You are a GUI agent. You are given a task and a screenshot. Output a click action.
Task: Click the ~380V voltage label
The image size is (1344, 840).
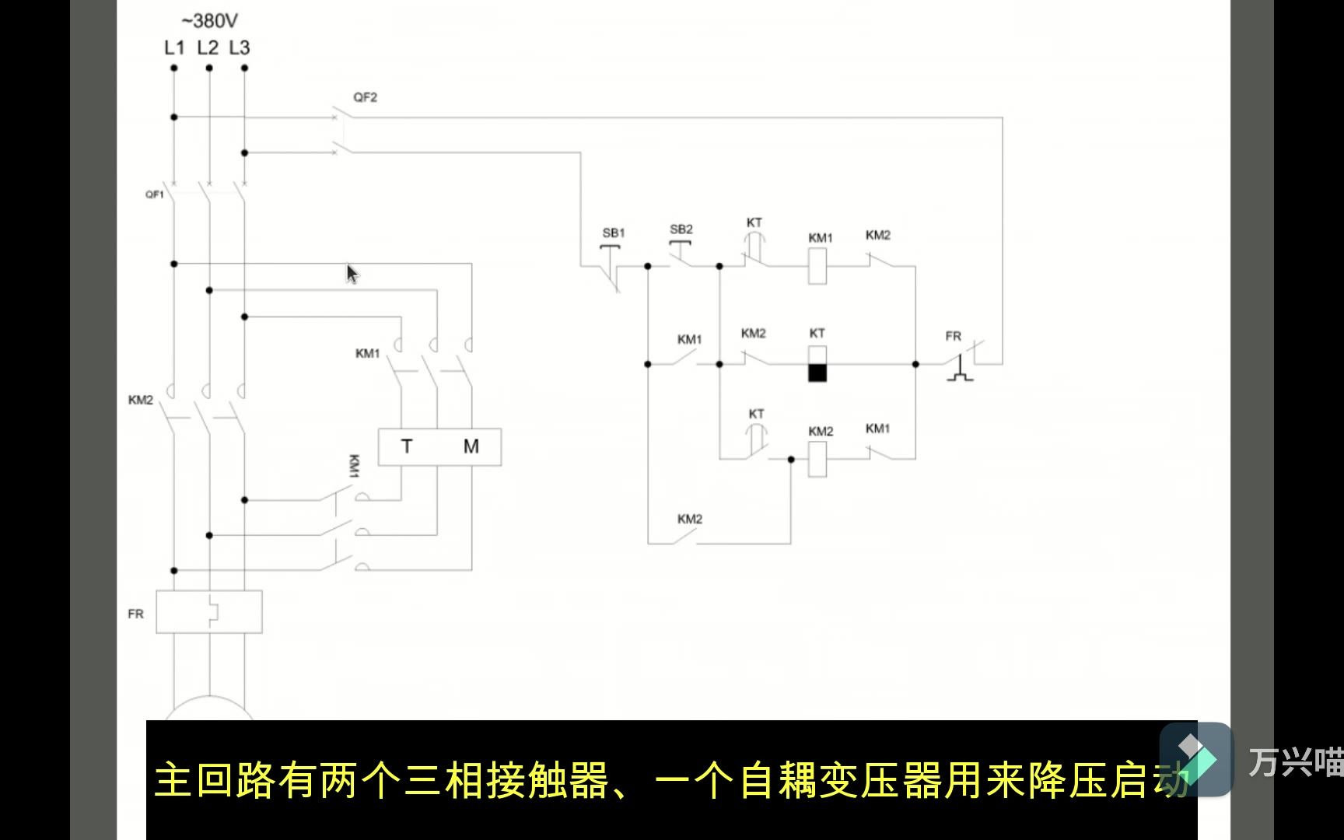pyautogui.click(x=209, y=20)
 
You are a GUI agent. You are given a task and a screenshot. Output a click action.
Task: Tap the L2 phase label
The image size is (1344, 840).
pyautogui.click(x=208, y=47)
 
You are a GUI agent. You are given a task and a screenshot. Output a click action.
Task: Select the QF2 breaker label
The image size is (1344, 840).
pyautogui.click(x=365, y=97)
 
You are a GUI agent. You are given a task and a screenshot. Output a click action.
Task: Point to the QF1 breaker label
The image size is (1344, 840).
pyautogui.click(x=155, y=194)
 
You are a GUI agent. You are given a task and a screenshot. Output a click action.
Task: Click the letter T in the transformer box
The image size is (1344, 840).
pyautogui.click(x=407, y=446)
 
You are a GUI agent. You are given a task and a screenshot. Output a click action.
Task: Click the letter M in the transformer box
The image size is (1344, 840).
pyautogui.click(x=471, y=446)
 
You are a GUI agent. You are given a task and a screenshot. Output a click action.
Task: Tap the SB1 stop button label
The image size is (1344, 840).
pyautogui.click(x=614, y=233)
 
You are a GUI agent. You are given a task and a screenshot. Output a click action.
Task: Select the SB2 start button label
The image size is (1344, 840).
pyautogui.click(x=681, y=229)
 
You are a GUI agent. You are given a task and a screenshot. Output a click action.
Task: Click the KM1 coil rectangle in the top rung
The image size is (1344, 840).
pyautogui.click(x=817, y=267)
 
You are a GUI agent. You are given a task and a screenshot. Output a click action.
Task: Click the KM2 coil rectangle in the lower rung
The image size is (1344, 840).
pyautogui.click(x=817, y=459)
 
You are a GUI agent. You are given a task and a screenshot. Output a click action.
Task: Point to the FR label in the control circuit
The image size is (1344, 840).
pyautogui.click(x=953, y=336)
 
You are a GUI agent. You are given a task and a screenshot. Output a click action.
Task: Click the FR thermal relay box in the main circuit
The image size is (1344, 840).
pyautogui.click(x=209, y=612)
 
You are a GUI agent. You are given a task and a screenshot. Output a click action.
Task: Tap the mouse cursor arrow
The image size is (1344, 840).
pyautogui.click(x=352, y=274)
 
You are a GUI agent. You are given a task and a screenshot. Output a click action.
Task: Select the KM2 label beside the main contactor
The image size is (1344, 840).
pyautogui.click(x=141, y=400)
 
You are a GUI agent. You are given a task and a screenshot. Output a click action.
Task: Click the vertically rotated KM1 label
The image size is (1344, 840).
pyautogui.click(x=354, y=466)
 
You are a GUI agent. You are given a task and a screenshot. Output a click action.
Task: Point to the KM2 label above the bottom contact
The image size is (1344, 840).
pyautogui.click(x=689, y=519)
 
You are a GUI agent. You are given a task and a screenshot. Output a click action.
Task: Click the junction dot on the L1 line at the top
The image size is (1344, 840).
pyautogui.click(x=174, y=68)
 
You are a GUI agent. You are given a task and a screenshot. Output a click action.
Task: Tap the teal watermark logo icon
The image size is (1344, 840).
pyautogui.click(x=1195, y=758)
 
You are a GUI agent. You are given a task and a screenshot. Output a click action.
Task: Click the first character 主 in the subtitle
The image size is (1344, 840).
pyautogui.click(x=173, y=780)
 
